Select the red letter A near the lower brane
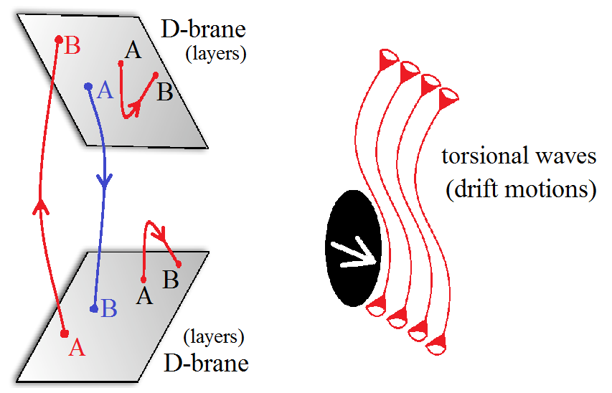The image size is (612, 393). (x=76, y=348)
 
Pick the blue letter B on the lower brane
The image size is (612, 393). (x=109, y=308)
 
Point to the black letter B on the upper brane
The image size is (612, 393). (x=165, y=92)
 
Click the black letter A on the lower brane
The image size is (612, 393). (x=144, y=294)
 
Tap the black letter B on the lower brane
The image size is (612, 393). (x=171, y=280)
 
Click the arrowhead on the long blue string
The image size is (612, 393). (x=105, y=184)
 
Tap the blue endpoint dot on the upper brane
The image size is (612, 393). (x=88, y=86)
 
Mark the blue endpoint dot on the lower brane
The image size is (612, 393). (x=94, y=309)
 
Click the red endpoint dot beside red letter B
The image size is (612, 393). (x=60, y=39)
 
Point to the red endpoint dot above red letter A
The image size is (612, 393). (x=65, y=333)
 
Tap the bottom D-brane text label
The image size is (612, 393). (x=206, y=363)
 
